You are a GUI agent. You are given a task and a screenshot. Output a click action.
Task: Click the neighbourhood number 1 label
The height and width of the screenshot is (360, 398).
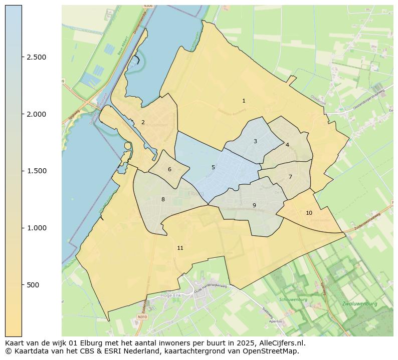pyautogui.click(x=244, y=101)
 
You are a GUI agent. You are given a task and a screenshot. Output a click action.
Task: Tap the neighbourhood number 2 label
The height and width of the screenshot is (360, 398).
pyautogui.click(x=143, y=123)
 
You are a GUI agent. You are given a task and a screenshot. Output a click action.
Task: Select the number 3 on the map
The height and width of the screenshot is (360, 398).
pyautogui.click(x=255, y=142)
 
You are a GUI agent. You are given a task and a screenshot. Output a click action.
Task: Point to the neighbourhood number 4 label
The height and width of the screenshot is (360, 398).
pyautogui.click(x=287, y=145)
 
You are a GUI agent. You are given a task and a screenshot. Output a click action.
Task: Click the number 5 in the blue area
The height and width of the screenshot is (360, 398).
pyautogui.click(x=213, y=168)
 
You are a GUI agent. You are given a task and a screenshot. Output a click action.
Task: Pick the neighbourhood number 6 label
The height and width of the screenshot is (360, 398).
pyautogui.click(x=169, y=170)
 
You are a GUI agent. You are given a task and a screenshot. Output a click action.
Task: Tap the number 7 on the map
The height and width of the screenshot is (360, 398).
pyautogui.click(x=290, y=177)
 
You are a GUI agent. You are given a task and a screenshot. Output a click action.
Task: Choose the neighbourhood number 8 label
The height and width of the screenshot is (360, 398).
pyautogui.click(x=163, y=200)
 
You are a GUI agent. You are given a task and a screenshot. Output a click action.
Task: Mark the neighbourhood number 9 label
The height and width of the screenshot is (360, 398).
pyautogui.click(x=254, y=206)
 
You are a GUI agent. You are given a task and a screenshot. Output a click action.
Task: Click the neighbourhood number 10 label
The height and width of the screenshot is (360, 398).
pyautogui.click(x=309, y=213)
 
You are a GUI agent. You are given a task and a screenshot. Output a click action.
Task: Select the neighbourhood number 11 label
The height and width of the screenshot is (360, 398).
pyautogui.click(x=180, y=248)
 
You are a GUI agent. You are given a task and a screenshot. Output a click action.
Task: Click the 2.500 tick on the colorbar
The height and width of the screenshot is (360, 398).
pyautogui.click(x=36, y=58)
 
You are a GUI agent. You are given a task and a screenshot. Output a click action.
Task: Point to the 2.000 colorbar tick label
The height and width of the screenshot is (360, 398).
pyautogui.click(x=36, y=114)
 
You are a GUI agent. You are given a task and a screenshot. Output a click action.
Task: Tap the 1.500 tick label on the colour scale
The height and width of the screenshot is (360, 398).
pyautogui.click(x=36, y=171)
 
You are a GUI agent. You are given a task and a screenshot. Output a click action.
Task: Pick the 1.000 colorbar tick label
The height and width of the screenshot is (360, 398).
pyautogui.click(x=36, y=228)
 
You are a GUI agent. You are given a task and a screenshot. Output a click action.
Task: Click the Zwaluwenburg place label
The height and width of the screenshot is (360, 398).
pyautogui.click(x=359, y=304)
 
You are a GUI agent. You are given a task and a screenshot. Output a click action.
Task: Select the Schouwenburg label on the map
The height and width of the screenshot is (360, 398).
pyautogui.click(x=293, y=300)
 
